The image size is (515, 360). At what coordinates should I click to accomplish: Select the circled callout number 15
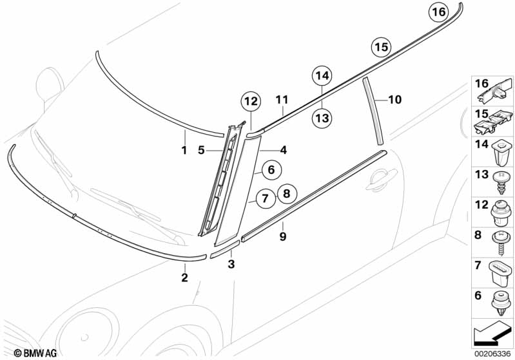point(380,46)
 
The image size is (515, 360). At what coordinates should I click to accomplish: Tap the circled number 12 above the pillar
point(251,101)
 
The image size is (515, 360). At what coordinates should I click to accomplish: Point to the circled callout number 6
point(271,170)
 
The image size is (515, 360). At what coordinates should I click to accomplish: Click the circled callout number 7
point(264,199)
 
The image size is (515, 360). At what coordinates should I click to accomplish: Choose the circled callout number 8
point(287,192)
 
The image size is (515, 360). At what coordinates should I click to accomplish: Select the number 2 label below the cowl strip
point(184,278)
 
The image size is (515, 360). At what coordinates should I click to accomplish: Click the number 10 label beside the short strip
point(394,100)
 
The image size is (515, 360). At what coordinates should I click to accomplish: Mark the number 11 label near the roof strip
point(281,100)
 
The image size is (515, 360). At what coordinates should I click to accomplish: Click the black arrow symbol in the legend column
point(492,336)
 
